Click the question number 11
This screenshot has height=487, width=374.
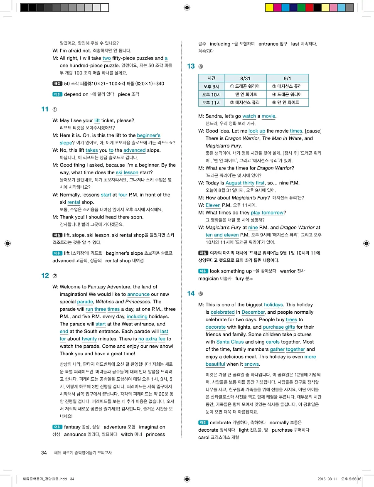45,109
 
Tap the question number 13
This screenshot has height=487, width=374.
191,66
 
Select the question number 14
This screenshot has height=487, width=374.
191,293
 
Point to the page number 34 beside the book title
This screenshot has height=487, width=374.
44,453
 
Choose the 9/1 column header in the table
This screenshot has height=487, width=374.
288,78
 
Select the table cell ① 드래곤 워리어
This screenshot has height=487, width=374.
245,86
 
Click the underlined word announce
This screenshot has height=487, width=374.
138,294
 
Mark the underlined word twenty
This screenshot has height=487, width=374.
89,339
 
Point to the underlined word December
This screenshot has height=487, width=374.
253,312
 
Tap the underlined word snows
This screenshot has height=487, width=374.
251,364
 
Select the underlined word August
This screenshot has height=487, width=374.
233,183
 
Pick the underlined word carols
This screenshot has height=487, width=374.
273,342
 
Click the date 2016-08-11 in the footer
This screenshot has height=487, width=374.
329,479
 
